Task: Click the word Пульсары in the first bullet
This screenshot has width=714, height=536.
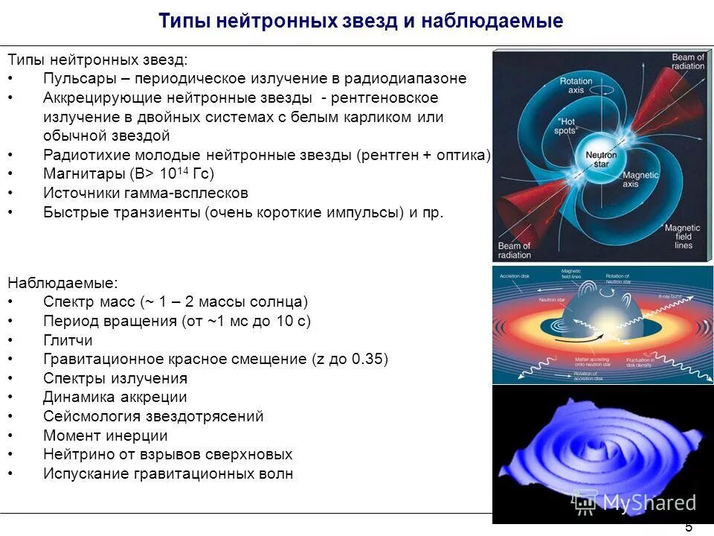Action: pyautogui.click(x=73, y=78)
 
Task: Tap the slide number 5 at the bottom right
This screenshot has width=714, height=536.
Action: pyautogui.click(x=688, y=527)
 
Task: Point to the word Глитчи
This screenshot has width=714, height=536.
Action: pyautogui.click(x=68, y=340)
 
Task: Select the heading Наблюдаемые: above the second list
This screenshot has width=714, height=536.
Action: pyautogui.click(x=62, y=283)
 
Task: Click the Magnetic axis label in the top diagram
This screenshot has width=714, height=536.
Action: pyautogui.click(x=640, y=179)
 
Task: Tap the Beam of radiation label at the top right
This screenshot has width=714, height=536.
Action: pyautogui.click(x=687, y=62)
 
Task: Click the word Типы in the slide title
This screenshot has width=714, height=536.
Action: pyautogui.click(x=184, y=22)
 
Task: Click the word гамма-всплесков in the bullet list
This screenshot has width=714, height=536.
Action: pyautogui.click(x=189, y=193)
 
